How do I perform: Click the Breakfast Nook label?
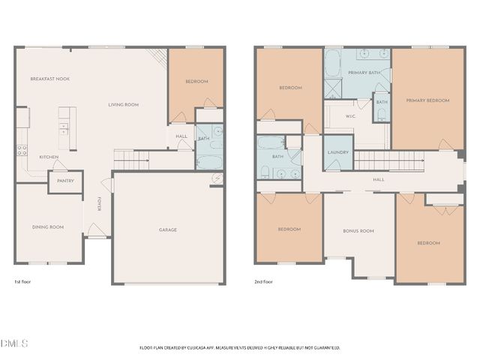click(x=50, y=79)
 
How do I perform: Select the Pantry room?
click(x=65, y=181)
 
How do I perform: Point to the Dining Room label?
click(x=46, y=226)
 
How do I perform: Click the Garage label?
click(x=167, y=229)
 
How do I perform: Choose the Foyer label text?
click(x=99, y=203)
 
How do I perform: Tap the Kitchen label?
click(x=49, y=157)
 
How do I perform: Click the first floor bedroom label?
click(x=196, y=81)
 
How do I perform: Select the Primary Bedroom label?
click(x=427, y=100)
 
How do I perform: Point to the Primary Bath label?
click(x=362, y=72)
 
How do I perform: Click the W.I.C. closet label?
click(x=350, y=116)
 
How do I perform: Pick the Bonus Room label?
click(x=358, y=231)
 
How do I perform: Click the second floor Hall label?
click(x=379, y=179)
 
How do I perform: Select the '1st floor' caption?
click(x=22, y=281)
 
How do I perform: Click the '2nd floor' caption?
click(x=264, y=281)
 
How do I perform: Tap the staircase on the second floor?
click(x=383, y=160)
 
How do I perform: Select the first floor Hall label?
click(x=181, y=136)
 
